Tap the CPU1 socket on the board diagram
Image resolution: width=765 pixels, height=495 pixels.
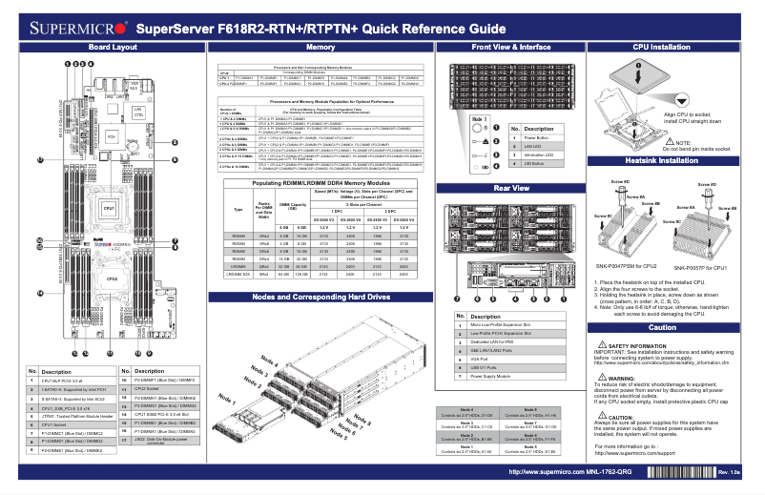tap(110, 207)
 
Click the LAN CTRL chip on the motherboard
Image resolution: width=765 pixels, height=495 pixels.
tap(138, 113)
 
